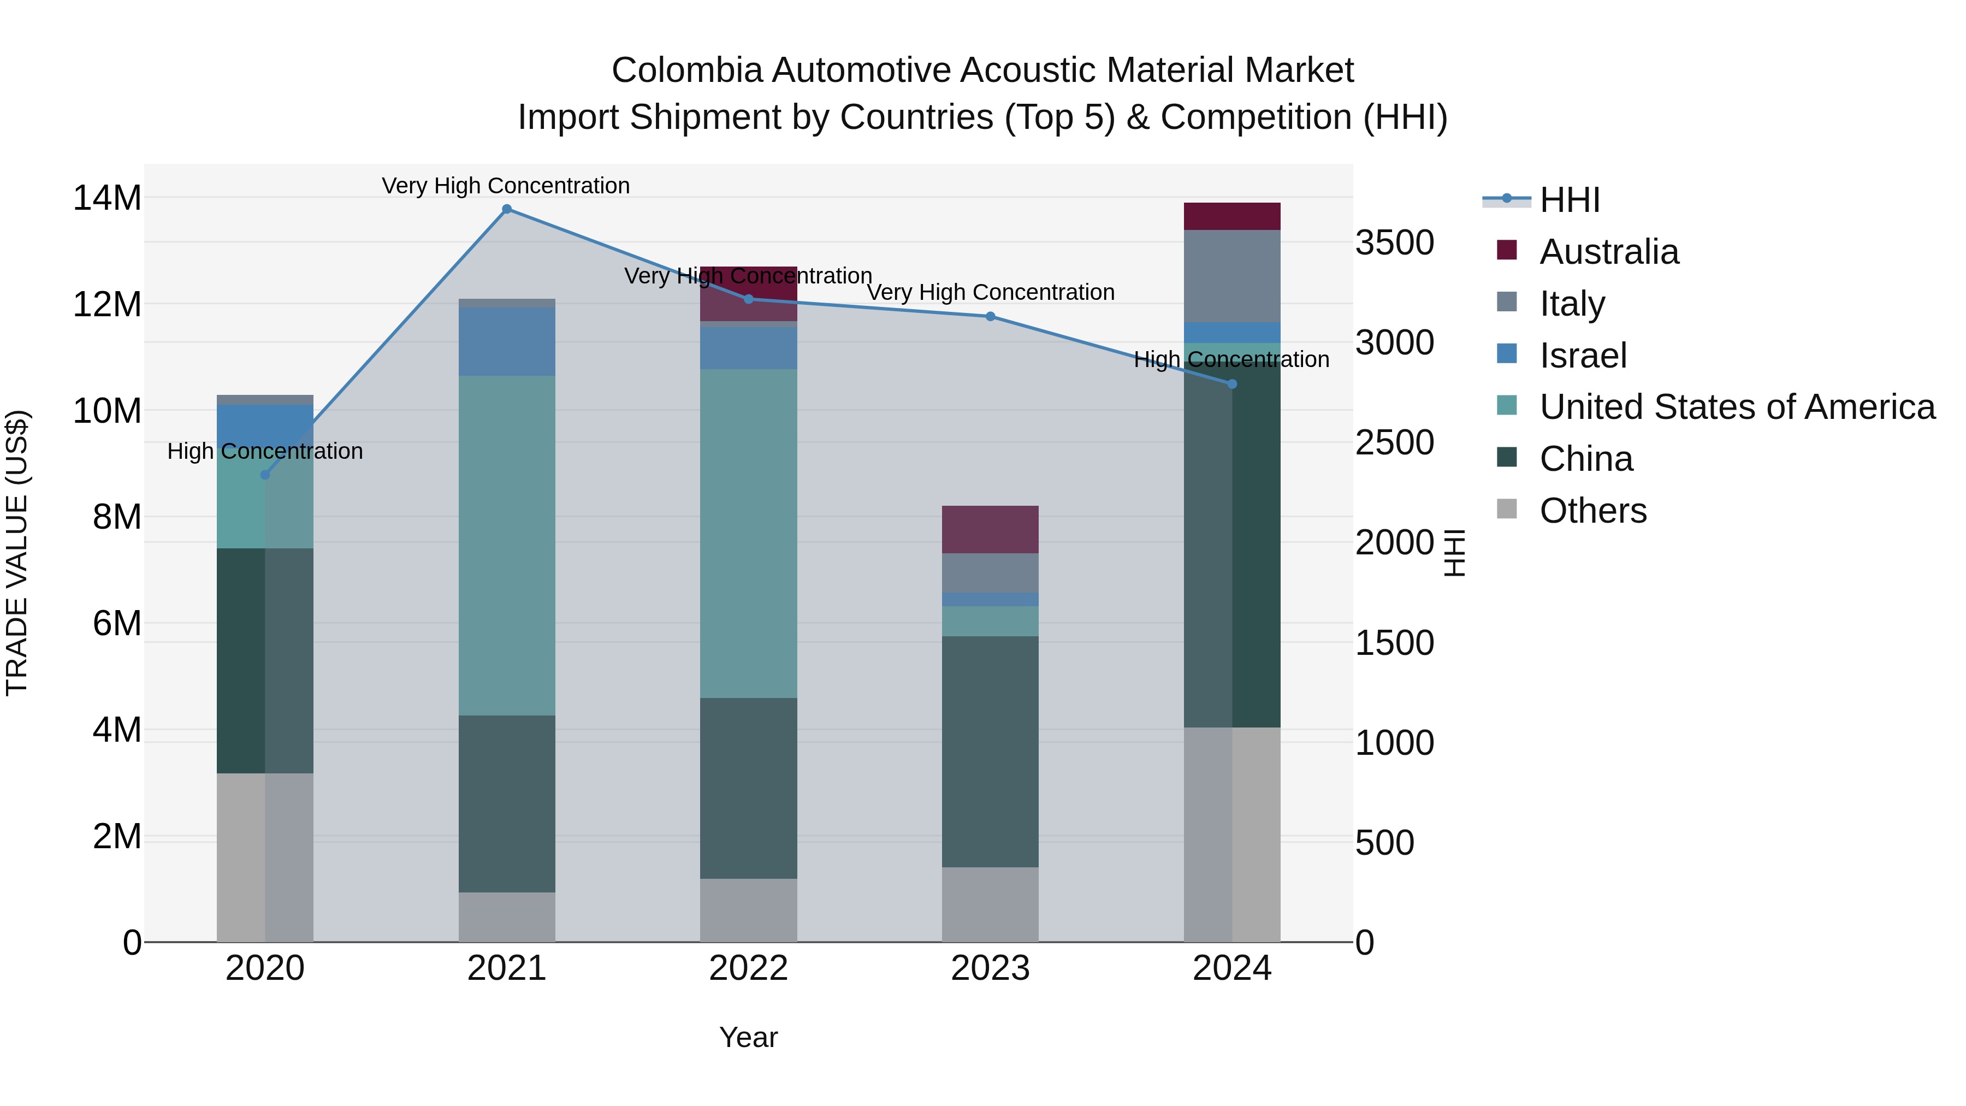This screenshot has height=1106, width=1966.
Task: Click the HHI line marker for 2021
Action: coord(507,209)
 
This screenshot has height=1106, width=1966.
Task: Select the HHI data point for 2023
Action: coord(990,316)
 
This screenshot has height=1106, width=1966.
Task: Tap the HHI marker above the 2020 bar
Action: coord(265,475)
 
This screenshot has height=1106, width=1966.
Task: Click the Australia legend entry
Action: coord(1609,252)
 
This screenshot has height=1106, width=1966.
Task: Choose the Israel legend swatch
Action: coord(1507,354)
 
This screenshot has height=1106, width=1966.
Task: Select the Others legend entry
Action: coord(1593,511)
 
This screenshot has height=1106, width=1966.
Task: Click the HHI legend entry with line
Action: coord(1542,200)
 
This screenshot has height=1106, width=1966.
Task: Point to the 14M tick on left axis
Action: coord(107,198)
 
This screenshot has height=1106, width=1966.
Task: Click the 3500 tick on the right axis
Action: coord(1394,244)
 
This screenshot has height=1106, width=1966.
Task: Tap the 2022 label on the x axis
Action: coord(748,968)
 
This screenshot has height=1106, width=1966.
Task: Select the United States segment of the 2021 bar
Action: coord(507,545)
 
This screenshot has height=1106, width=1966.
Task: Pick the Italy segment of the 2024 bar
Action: coord(1232,276)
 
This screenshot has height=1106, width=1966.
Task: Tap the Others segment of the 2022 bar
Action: coord(748,910)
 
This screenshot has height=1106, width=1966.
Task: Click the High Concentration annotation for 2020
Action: coord(265,451)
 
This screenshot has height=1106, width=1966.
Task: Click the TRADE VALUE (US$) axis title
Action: coord(17,553)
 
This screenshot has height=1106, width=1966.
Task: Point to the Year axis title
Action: coord(748,1037)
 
